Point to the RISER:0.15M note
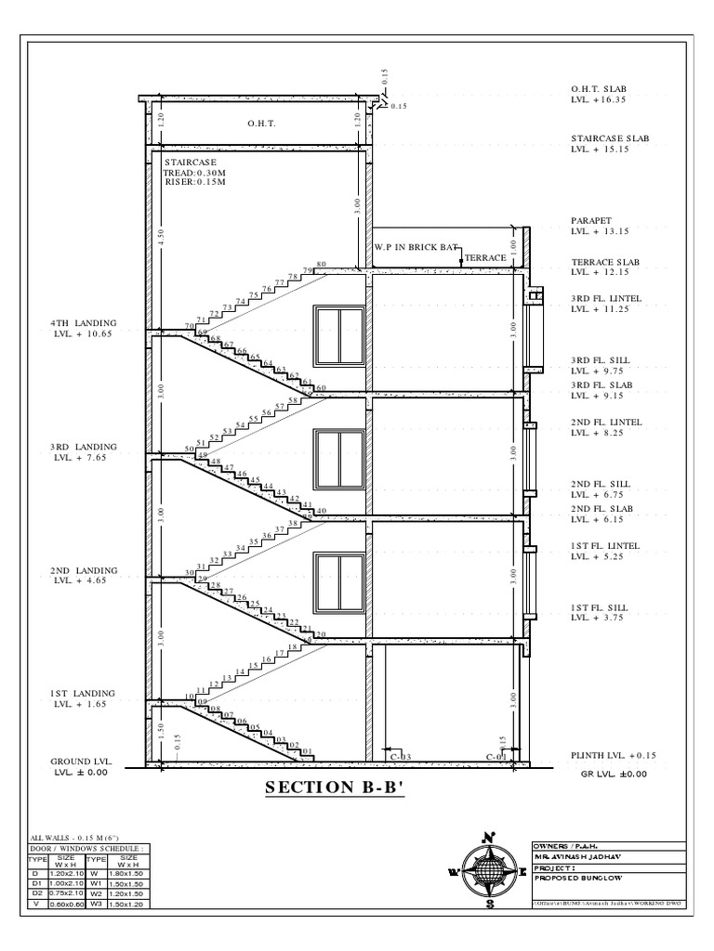194,182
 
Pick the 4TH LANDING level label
83,329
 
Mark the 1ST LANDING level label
83,699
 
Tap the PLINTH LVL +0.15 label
613,756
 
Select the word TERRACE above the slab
485,256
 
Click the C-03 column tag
400,757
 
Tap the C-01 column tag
496,757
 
